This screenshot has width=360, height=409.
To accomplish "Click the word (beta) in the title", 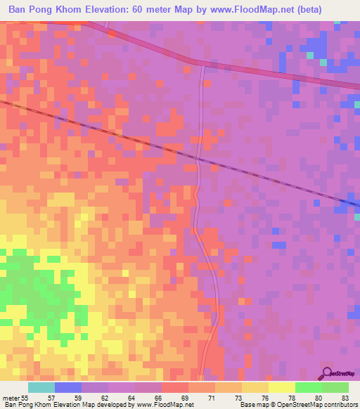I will pos(339,10).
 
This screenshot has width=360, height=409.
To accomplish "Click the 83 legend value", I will pos(345,397).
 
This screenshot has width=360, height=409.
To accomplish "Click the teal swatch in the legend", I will pos(41,387).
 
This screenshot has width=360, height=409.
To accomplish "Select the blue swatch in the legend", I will pos(68,387).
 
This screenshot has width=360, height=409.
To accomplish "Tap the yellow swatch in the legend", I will pos(282,387).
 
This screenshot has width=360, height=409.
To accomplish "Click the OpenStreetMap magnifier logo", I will pos(326,372).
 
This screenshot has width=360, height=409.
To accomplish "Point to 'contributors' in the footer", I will pos(336,405).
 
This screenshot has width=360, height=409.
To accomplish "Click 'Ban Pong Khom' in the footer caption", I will pos(27,405).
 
